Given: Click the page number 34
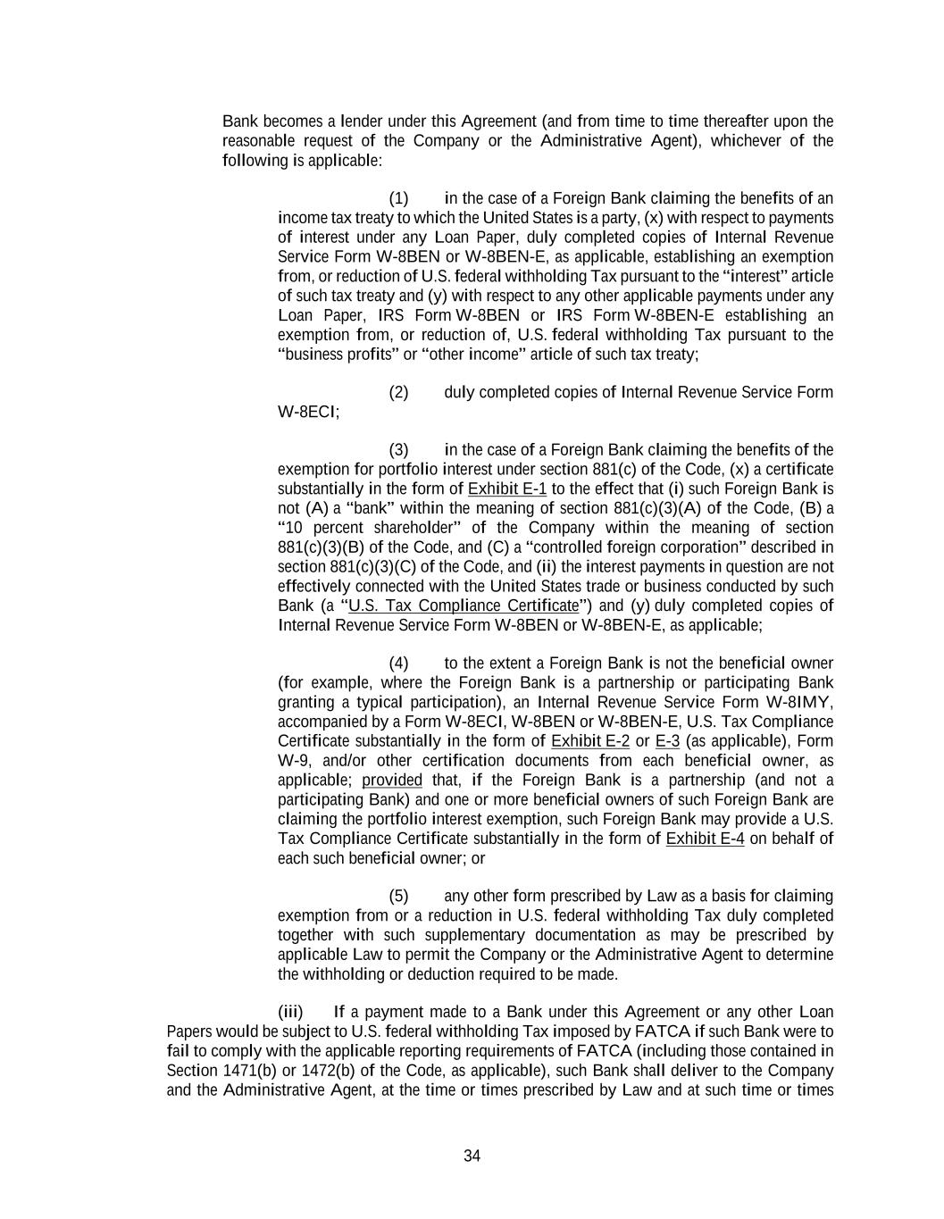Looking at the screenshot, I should click(472, 1156).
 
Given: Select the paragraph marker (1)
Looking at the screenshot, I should click(398, 198).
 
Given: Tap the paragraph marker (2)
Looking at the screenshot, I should click(398, 393).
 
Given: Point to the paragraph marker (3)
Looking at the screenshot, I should click(398, 450).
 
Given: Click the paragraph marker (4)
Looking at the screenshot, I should click(398, 664).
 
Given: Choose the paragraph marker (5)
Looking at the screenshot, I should click(398, 897).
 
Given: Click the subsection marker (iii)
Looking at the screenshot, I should click(291, 1013).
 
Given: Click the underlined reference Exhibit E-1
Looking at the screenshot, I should click(507, 488).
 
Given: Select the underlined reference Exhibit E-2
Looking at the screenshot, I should click(590, 741).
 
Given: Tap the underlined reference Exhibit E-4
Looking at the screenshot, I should click(705, 839).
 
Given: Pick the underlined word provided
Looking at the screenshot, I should click(392, 781).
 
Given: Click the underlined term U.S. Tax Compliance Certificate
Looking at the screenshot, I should click(464, 605).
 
